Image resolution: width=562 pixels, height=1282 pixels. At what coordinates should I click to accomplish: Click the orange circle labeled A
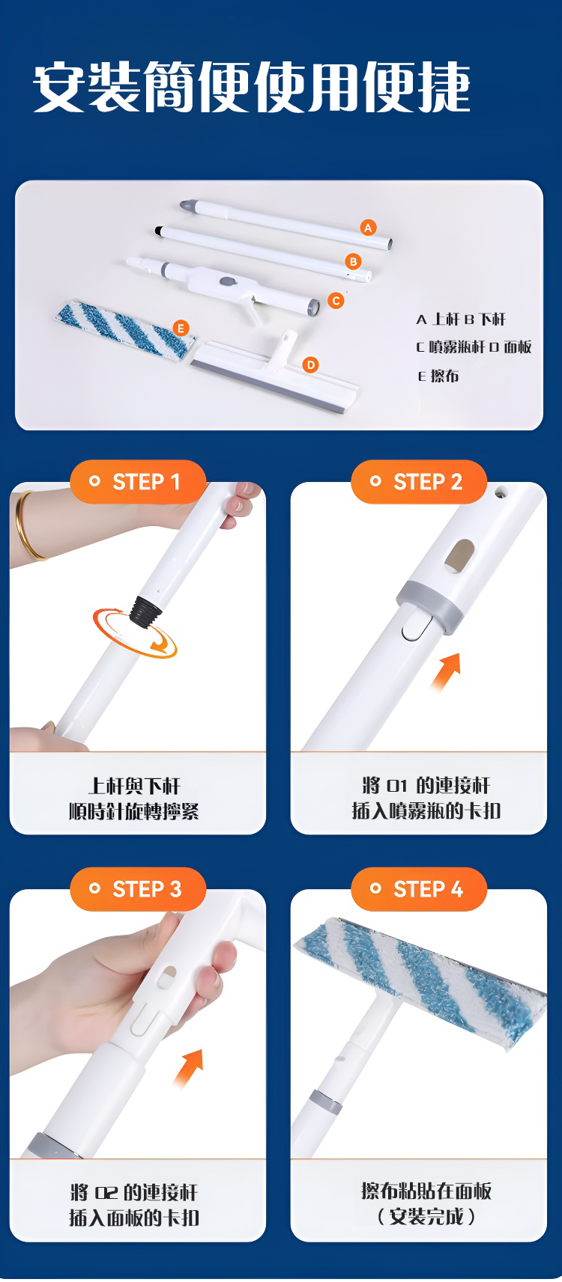coord(369,228)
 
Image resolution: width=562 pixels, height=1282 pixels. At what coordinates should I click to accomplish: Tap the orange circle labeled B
coord(354,261)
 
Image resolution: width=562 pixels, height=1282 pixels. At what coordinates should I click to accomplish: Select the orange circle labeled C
coord(336,300)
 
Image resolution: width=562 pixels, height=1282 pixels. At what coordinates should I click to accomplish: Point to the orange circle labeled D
coord(310,364)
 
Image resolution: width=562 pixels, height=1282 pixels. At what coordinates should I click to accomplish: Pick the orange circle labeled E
coord(181,328)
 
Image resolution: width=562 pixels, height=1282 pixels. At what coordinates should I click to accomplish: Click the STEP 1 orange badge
coord(137,482)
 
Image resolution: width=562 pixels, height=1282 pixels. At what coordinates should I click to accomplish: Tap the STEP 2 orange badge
coord(419,482)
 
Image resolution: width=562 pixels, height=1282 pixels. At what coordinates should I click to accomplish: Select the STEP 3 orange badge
coord(137,889)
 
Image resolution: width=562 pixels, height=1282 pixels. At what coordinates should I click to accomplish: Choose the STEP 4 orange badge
coord(419,889)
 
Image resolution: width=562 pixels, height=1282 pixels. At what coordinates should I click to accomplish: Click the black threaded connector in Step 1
coord(145,612)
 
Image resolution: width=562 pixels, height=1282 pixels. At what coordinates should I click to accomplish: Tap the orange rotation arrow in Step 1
coord(135,634)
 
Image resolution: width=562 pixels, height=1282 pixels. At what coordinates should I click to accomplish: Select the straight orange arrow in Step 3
coord(189,1068)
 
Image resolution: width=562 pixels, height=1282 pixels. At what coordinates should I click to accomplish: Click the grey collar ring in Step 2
coord(429,607)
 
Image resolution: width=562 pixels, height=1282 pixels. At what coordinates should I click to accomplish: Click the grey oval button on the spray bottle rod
coord(229,281)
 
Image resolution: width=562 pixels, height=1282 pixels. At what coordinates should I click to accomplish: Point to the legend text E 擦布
coord(438,376)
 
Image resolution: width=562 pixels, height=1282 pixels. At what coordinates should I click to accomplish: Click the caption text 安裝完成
coord(427,1216)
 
